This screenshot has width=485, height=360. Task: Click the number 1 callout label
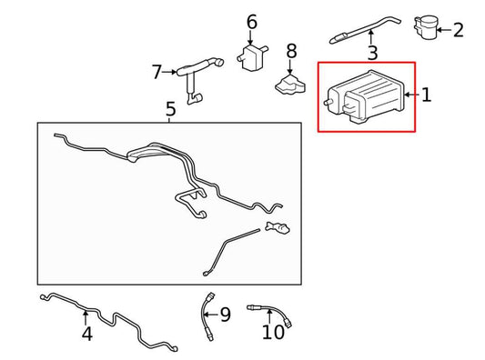[427, 95]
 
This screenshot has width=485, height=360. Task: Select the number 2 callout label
[459, 30]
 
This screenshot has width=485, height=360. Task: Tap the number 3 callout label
[373, 53]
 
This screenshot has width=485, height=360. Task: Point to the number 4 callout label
[87, 334]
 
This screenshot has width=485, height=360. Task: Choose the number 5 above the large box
[170, 109]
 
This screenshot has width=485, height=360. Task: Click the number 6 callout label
[252, 22]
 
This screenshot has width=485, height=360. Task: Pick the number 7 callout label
[157, 72]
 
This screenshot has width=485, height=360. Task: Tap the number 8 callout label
[291, 51]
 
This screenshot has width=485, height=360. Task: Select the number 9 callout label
[225, 315]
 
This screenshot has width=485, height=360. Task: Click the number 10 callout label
[273, 332]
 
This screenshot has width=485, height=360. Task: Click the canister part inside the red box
[365, 96]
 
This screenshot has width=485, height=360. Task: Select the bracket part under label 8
[290, 84]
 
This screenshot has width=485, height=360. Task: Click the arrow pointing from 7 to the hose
[169, 72]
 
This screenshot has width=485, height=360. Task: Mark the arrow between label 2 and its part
[444, 30]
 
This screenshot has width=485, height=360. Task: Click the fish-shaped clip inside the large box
[278, 227]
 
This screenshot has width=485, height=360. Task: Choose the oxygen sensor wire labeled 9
[207, 315]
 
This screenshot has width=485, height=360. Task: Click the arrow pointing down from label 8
[290, 67]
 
